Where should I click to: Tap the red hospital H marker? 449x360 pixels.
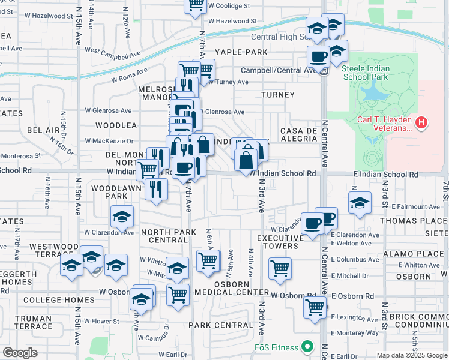tap(422, 124)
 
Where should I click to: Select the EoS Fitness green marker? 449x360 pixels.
tap(307, 347)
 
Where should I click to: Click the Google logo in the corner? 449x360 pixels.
tap(20, 352)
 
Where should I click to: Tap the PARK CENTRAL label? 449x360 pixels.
tap(220, 325)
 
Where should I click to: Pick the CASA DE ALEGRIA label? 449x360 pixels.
tap(298, 134)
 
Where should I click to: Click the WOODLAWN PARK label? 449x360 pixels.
tap(109, 192)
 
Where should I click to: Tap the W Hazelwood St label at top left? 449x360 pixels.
tap(41, 15)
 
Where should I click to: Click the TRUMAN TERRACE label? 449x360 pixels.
tap(33, 322)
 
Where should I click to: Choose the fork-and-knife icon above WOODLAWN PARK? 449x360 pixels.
tap(157, 189)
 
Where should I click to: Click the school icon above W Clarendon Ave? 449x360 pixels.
tap(121, 217)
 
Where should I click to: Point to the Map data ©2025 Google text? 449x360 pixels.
tap(412, 355)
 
